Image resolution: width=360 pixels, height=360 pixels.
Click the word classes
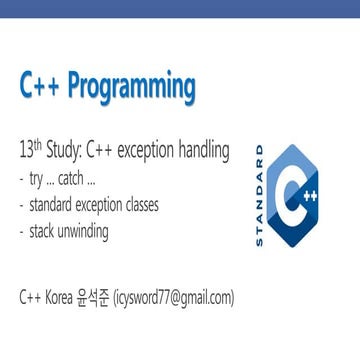151,193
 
